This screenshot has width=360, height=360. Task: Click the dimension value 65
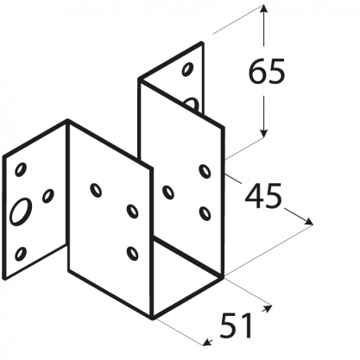click(x=267, y=71)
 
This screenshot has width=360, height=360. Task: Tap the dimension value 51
click(x=236, y=325)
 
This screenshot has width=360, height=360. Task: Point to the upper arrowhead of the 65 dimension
click(x=264, y=9)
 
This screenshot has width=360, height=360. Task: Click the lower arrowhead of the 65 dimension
click(x=264, y=133)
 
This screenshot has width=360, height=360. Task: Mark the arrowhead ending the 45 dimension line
click(x=308, y=221)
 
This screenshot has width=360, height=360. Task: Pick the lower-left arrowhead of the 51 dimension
click(x=208, y=343)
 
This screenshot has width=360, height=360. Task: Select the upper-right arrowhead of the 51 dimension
click(x=267, y=308)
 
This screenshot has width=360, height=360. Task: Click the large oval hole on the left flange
click(x=21, y=211)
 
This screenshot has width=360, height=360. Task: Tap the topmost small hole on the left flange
click(x=21, y=169)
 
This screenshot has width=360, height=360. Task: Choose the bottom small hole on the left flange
click(x=21, y=254)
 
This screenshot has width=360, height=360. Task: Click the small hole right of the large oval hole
click(x=48, y=196)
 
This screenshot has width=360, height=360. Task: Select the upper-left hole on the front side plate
click(x=96, y=190)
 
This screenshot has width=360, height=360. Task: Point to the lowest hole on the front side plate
click(x=132, y=253)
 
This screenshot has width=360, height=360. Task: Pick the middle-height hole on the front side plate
click(x=132, y=211)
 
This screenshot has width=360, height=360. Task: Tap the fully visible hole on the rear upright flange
click(x=187, y=69)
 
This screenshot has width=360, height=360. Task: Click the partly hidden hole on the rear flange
click(x=191, y=104)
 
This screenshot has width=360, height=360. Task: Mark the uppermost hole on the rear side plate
click(x=205, y=171)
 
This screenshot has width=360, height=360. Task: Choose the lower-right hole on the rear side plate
click(x=205, y=213)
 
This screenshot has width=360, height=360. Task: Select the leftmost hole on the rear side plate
click(x=168, y=193)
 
